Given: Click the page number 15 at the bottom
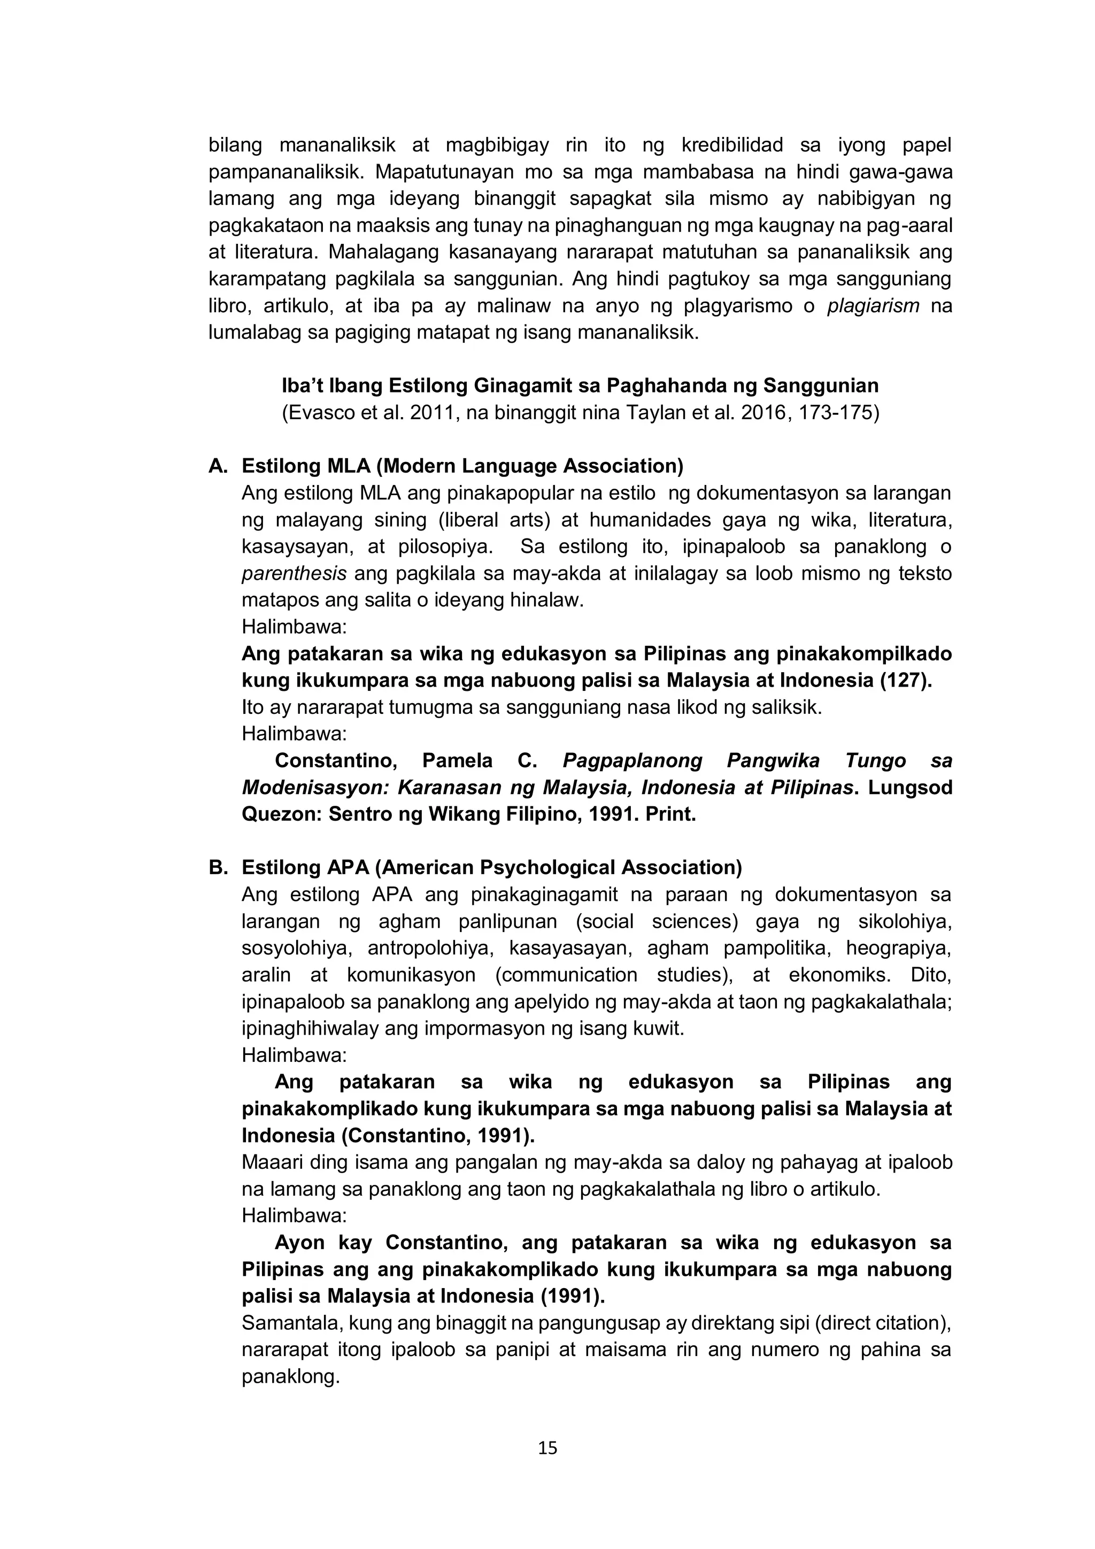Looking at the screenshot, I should [547, 1447].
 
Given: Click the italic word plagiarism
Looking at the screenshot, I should [873, 306].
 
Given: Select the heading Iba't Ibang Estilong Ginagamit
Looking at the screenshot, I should [580, 386].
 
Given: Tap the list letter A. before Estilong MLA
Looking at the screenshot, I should [218, 466].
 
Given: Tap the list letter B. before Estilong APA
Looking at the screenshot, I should [218, 868].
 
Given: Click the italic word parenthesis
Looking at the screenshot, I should [294, 573].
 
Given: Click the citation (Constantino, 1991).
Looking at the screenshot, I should [438, 1136].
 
